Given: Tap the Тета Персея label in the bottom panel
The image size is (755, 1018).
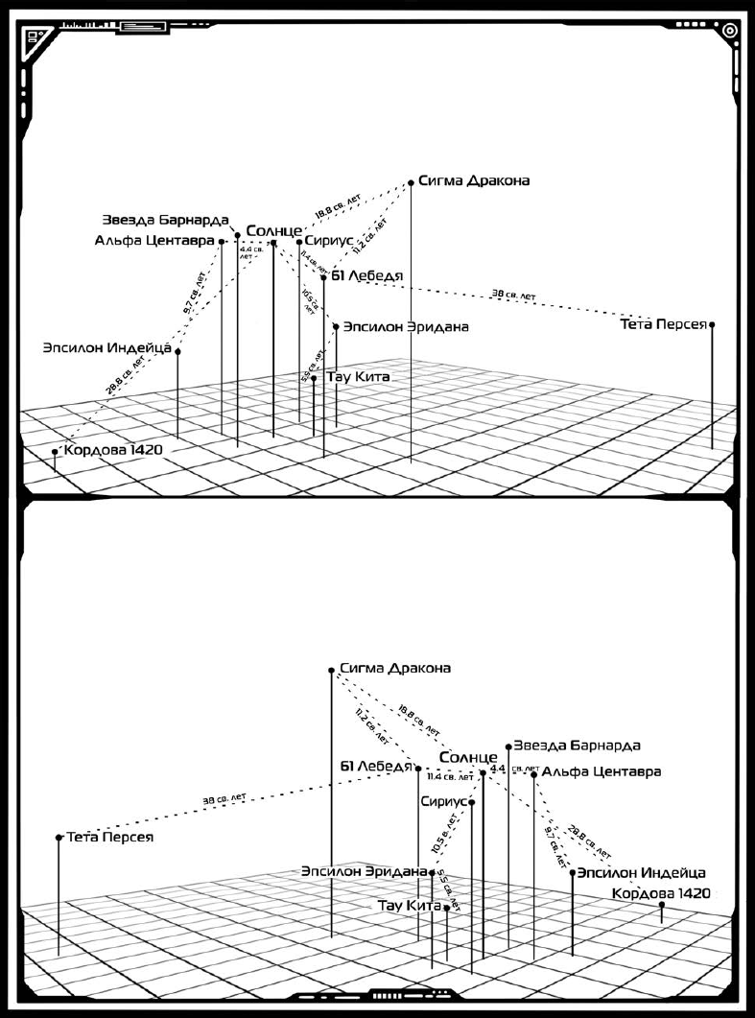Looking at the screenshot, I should click(110, 837).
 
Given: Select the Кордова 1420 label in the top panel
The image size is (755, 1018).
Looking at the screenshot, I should click(113, 449).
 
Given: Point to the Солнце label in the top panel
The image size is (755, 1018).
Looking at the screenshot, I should click(273, 231).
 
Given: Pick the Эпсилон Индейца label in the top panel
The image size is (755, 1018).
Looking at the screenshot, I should click(106, 347).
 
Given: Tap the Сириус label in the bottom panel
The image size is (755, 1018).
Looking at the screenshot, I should click(442, 800).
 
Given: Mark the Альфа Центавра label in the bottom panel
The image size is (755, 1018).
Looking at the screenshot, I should click(601, 770).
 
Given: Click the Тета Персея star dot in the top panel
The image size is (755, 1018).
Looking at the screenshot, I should click(712, 324).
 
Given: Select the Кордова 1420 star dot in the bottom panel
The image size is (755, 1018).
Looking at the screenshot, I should click(661, 904).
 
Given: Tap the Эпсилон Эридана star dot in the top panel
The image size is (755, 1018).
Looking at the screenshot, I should click(336, 326).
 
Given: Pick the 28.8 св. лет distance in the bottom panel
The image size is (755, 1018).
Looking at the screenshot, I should click(589, 840).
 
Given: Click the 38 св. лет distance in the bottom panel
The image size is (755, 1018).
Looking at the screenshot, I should click(224, 798).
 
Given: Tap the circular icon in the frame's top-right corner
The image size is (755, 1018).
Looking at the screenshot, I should click(730, 30).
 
